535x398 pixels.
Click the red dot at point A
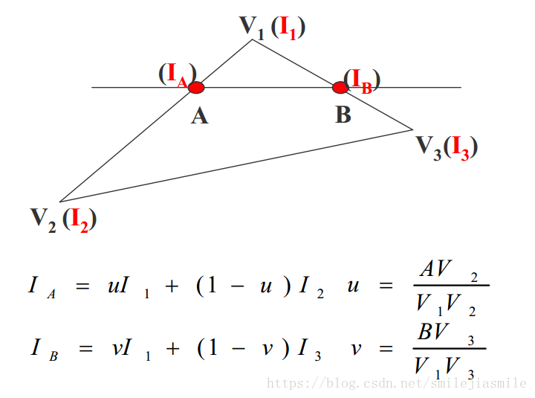196,88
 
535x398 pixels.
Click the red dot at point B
340,88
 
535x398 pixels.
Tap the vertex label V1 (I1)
272,28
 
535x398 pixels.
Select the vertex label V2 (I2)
63,219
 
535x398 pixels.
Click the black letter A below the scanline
199,116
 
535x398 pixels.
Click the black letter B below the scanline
343,115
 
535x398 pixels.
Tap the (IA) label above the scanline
177,74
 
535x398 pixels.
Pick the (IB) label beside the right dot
362,80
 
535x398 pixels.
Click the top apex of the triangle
253,39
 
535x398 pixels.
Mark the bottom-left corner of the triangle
59,202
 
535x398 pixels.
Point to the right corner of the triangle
412,129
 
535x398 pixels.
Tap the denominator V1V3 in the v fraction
445,366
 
